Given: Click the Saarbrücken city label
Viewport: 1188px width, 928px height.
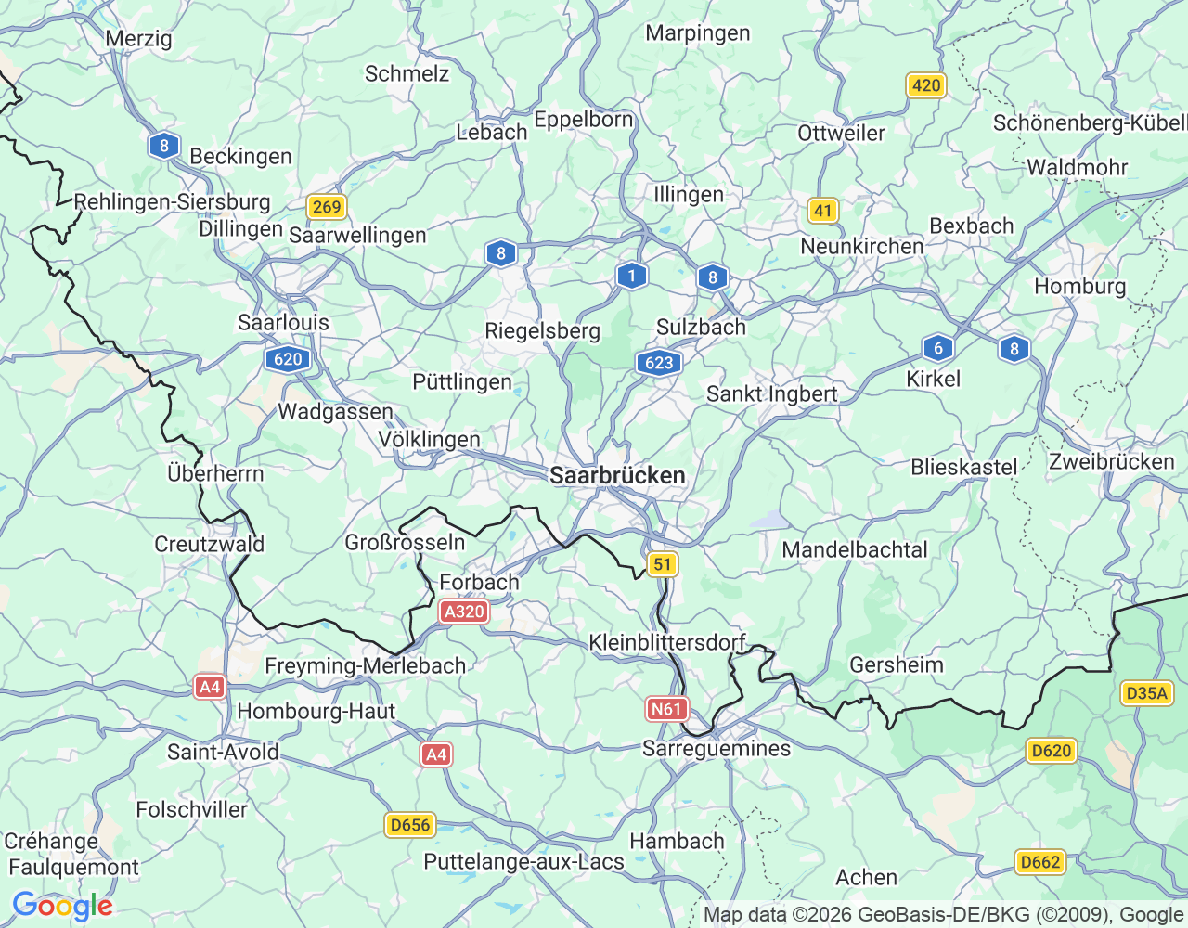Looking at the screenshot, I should coord(617,475).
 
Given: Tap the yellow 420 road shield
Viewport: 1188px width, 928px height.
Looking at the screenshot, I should coord(925,86).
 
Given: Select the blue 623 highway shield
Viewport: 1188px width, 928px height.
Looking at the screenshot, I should coord(659,362).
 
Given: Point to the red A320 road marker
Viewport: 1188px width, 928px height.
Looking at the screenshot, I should coord(464,612).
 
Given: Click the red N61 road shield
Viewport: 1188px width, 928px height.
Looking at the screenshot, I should coord(665,710).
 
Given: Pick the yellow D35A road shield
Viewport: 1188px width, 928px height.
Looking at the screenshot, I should coord(1146,693).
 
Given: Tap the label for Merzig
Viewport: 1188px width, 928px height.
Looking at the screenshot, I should coord(138,39).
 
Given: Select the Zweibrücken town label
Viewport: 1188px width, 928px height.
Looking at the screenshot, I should coord(1111,462).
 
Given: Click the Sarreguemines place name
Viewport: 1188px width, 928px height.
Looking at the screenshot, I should coord(717,749).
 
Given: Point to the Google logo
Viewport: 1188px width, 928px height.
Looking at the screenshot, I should coord(62,906).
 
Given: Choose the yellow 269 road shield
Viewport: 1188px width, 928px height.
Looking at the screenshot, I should coord(327,206).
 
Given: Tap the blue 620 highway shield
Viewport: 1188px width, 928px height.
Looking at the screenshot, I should coord(288,359).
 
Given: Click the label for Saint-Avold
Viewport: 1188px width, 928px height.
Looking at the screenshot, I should coord(223,752).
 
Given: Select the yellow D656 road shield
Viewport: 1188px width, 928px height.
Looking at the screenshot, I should coord(410,825).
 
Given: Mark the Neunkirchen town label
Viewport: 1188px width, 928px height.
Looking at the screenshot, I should coord(861,246).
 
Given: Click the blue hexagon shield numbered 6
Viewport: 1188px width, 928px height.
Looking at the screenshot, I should coord(938,348).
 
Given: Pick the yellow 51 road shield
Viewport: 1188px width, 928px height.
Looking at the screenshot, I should coord(662,564).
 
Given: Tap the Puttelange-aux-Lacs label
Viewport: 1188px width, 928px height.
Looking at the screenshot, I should coord(523,862).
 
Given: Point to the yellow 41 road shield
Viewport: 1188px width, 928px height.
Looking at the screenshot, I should coord(823,211).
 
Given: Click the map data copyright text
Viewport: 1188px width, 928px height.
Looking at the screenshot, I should coord(943,915).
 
